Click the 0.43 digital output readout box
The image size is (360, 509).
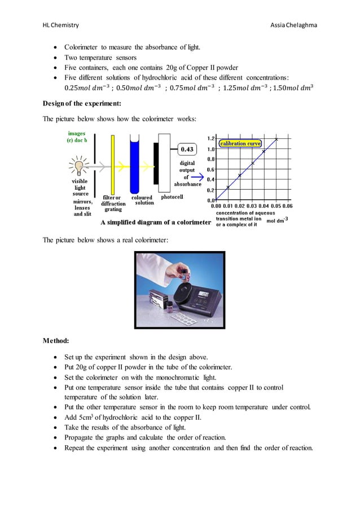(x=187, y=149)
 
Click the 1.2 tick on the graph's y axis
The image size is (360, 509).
(x=210, y=138)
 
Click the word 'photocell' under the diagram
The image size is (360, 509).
(x=172, y=198)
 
